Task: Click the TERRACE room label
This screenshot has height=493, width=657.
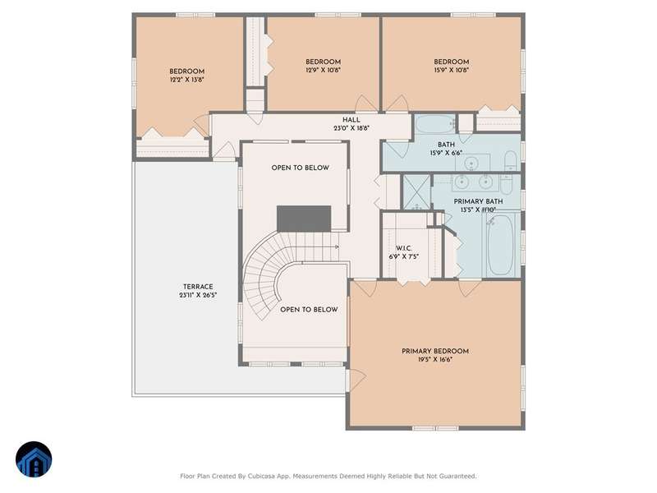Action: (x=198, y=287)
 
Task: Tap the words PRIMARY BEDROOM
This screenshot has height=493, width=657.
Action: (x=435, y=352)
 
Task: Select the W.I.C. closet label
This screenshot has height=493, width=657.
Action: (x=403, y=249)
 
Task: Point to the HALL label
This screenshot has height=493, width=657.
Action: (x=351, y=120)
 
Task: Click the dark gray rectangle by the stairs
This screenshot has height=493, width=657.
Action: (x=304, y=219)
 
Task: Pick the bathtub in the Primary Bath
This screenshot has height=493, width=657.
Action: (x=500, y=244)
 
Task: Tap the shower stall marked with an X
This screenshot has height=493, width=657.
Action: (x=416, y=191)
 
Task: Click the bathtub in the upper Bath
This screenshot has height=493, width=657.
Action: (x=435, y=124)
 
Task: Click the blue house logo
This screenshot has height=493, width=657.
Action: (x=34, y=459)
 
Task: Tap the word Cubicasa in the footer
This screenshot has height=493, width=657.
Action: (x=262, y=477)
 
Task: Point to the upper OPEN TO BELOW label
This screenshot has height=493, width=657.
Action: (x=300, y=168)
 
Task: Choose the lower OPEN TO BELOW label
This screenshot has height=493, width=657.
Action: (x=309, y=310)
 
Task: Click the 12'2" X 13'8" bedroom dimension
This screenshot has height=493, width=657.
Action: (x=187, y=80)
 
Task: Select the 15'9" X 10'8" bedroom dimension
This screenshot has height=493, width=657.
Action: (x=451, y=70)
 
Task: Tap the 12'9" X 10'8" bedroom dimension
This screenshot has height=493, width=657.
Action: (x=323, y=70)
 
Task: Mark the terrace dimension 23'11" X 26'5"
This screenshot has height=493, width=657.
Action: (x=198, y=295)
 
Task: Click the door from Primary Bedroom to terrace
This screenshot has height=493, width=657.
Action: (x=356, y=380)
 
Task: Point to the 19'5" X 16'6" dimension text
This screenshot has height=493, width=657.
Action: (x=435, y=360)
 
